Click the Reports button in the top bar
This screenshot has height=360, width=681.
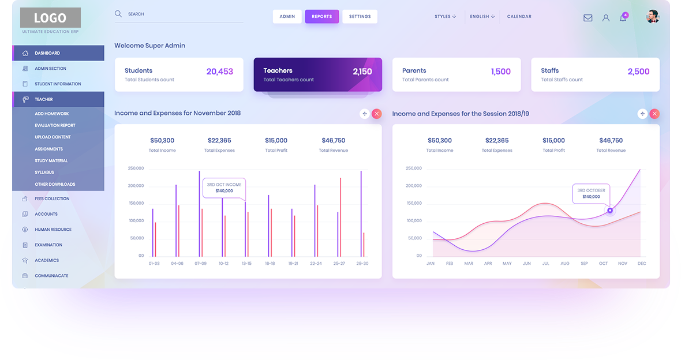(x=321, y=17)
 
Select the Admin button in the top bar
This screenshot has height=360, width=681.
(x=287, y=17)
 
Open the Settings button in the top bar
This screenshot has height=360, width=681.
(x=360, y=17)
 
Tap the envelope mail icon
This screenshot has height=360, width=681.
(x=588, y=18)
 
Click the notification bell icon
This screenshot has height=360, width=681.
(x=623, y=18)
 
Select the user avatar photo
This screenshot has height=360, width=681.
(x=652, y=17)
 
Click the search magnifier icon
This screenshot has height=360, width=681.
(x=118, y=13)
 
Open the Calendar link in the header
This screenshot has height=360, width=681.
(x=519, y=17)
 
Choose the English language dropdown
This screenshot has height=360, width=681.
(x=482, y=17)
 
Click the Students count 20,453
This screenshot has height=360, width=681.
(x=219, y=72)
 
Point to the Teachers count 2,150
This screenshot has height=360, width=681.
(x=362, y=72)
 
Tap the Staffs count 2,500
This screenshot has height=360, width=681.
(x=638, y=72)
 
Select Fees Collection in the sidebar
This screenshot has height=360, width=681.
(x=51, y=198)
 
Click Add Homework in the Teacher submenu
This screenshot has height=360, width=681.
(x=51, y=114)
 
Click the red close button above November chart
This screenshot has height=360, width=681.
(x=377, y=114)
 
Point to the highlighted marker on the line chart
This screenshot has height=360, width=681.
(x=610, y=211)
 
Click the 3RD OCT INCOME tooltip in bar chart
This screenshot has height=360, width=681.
(x=224, y=187)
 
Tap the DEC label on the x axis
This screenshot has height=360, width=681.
(x=642, y=264)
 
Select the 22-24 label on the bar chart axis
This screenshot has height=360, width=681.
(x=316, y=264)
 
